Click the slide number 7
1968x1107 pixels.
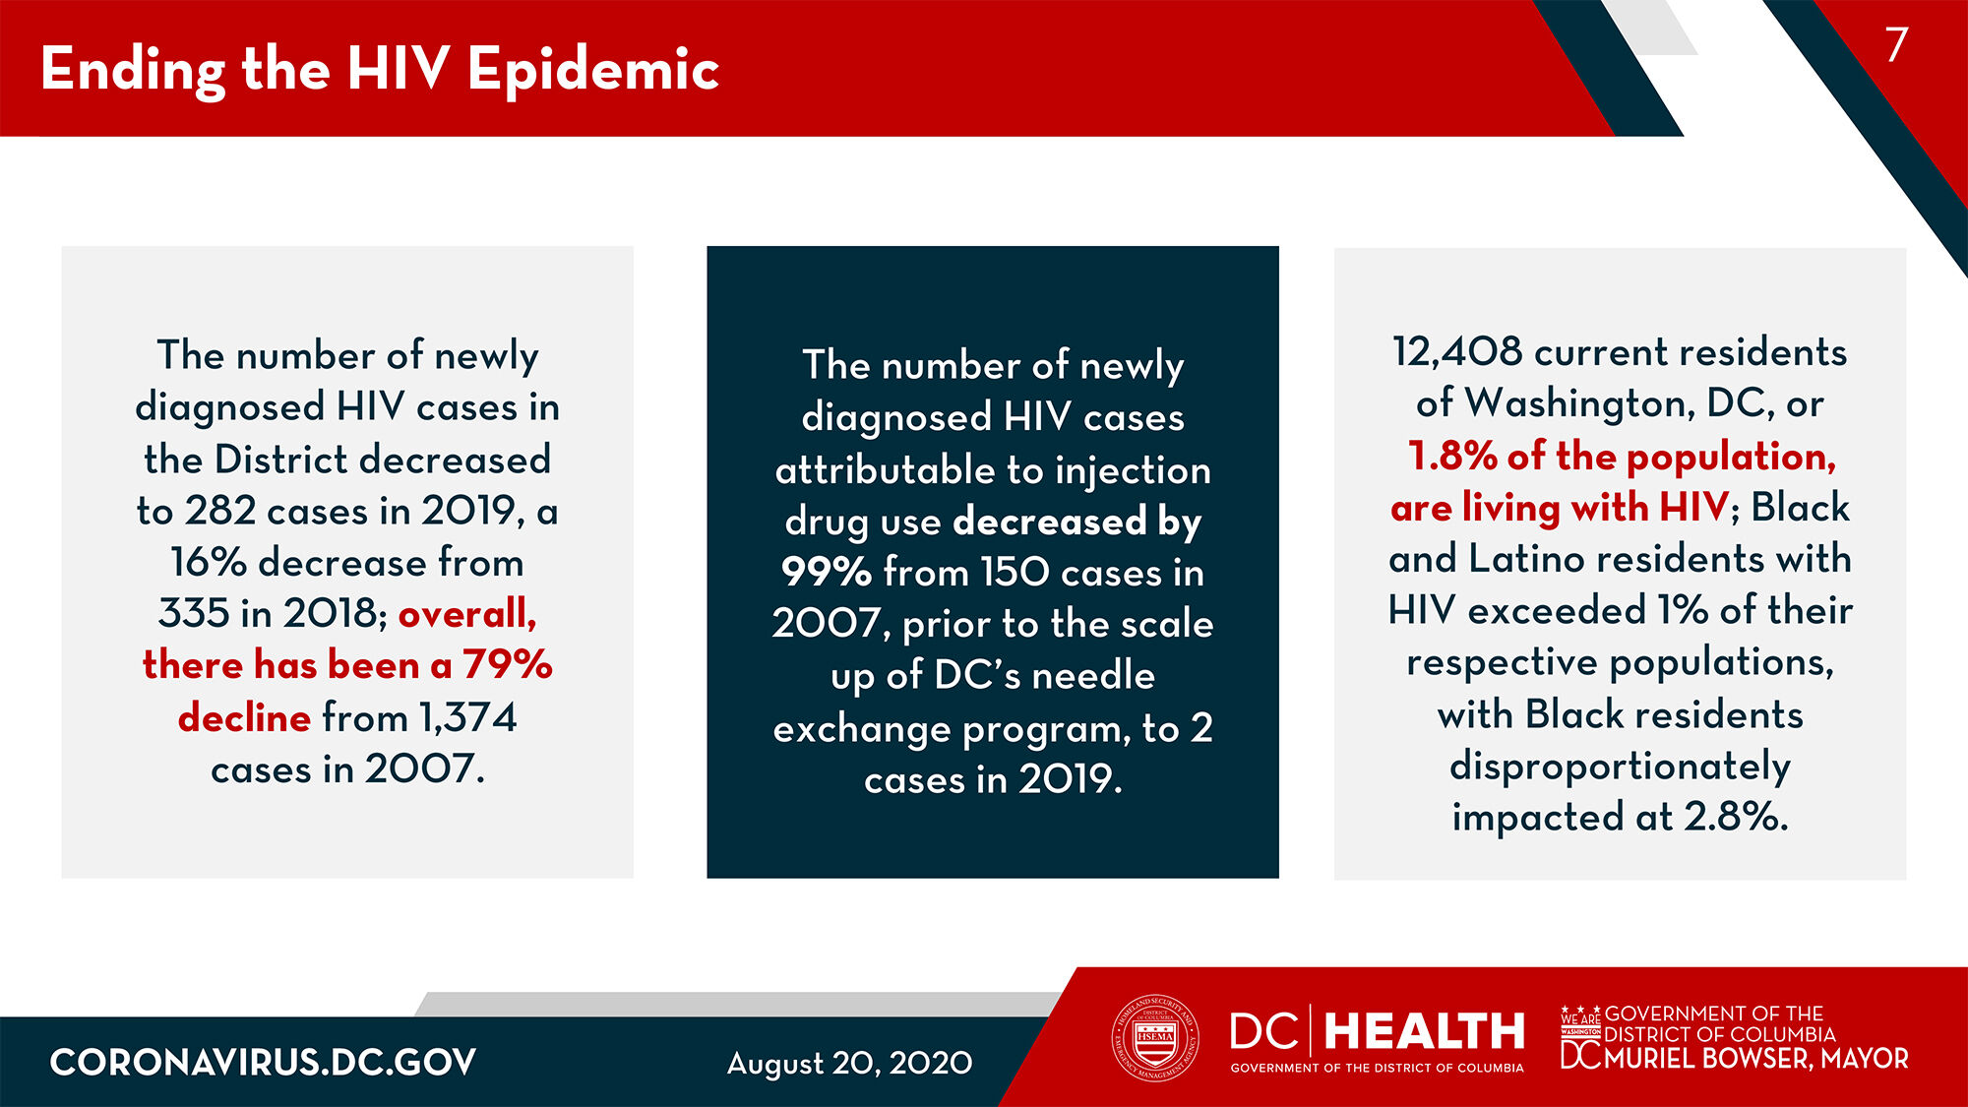click(1896, 45)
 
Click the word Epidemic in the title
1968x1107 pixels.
click(593, 70)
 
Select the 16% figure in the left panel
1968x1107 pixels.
click(208, 563)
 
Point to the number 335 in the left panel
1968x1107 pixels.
click(194, 614)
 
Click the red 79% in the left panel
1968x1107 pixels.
click(508, 665)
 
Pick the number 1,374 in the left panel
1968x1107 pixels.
click(467, 717)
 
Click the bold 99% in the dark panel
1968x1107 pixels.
click(827, 573)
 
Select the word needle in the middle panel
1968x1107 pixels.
click(1093, 676)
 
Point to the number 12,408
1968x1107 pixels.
click(1456, 352)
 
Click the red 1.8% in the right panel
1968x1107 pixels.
click(1452, 457)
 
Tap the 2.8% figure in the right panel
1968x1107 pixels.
click(1735, 817)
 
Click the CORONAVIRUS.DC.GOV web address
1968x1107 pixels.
click(263, 1063)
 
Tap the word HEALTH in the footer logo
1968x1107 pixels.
click(1424, 1032)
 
